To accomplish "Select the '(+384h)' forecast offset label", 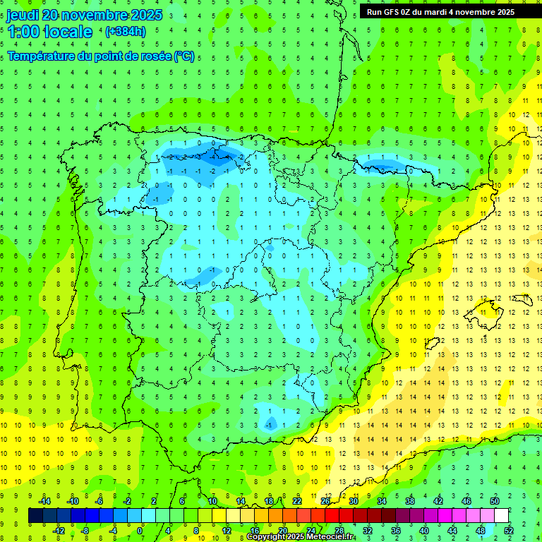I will (125, 31).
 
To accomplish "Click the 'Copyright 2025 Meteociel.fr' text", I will (301, 537).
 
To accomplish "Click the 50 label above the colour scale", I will (495, 500).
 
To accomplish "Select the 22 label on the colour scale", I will (297, 500).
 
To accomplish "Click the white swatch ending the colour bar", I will (502, 516).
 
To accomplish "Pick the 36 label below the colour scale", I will (396, 531).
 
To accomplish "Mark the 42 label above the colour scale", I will (438, 500).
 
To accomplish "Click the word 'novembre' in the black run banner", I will (474, 12).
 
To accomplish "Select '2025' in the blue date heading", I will (145, 15).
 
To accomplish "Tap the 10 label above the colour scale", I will (212, 500).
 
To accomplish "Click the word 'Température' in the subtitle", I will (41, 56).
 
